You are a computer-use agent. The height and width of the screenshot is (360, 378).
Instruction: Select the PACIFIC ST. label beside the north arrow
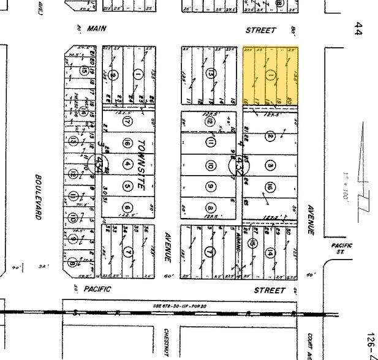[341, 249]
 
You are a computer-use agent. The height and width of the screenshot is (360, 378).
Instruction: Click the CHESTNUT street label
[166, 340]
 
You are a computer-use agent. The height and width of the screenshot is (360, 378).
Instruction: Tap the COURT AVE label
[311, 344]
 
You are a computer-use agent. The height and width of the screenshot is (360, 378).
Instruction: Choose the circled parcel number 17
[127, 121]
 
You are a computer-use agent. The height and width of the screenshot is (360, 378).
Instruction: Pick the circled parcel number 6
[127, 206]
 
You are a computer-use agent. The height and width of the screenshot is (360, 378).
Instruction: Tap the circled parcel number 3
[270, 165]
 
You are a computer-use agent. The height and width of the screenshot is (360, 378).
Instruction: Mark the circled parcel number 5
[127, 186]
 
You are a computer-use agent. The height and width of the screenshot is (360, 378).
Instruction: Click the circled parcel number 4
[127, 164]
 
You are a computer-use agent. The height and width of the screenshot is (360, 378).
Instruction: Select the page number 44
[357, 29]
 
